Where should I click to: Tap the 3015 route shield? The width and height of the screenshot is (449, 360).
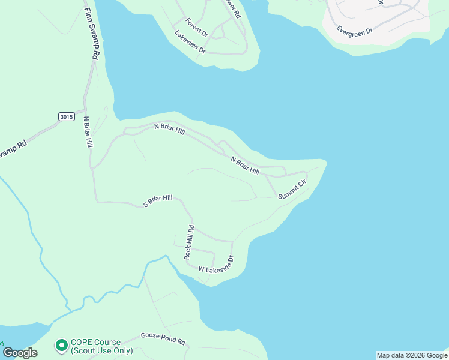tap(66, 116)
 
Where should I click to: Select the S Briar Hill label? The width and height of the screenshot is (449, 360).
tap(158, 201)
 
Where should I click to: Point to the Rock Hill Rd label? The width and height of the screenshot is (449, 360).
tap(190, 242)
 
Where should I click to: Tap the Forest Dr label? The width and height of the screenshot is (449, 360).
tap(196, 27)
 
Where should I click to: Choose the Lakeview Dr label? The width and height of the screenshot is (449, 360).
tap(190, 43)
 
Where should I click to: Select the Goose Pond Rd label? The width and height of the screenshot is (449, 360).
tap(163, 338)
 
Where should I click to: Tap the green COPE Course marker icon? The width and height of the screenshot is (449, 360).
tap(61, 345)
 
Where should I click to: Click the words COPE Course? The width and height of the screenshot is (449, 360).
tap(95, 342)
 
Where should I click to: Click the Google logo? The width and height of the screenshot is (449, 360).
tap(20, 353)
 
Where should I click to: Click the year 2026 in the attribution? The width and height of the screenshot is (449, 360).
tap(421, 355)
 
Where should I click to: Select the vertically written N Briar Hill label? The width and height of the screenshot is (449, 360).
tap(88, 132)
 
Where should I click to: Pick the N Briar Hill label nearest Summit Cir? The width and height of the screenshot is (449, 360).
tap(244, 166)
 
